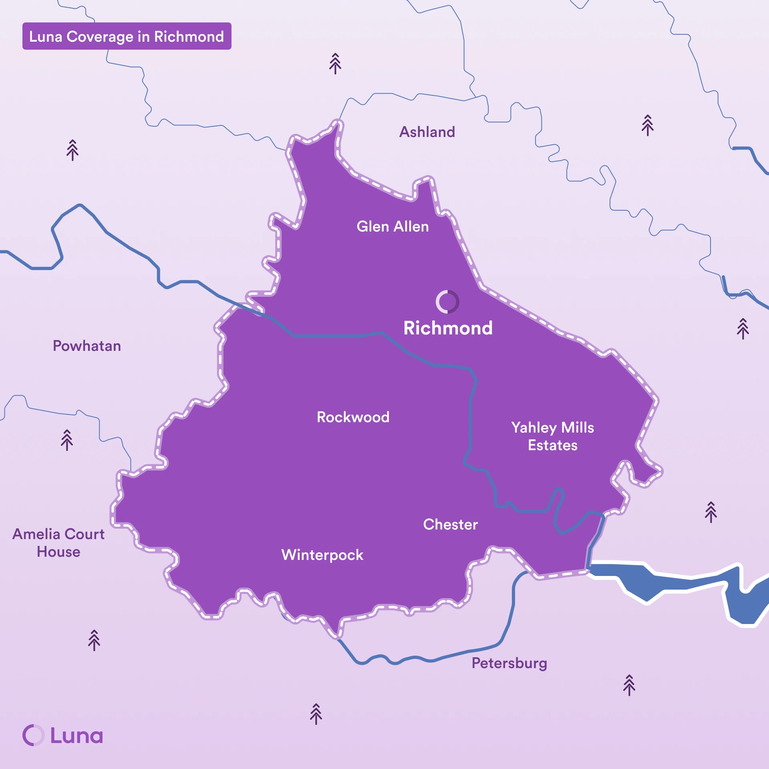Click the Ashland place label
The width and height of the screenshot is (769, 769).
pos(427,132)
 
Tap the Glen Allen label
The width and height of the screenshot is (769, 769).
pos(393,226)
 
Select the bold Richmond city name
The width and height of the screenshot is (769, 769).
pos(448,328)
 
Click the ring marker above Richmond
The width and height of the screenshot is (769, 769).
pos(447,302)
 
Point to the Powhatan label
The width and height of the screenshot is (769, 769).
pos(87,346)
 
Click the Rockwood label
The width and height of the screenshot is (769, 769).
pos(353,417)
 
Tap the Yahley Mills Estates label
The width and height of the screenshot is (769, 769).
pos(552,436)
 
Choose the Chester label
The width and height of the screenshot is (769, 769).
pos(450,524)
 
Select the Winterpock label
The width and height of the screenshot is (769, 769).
pos(322,555)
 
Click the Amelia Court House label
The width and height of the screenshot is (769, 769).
pos(58,543)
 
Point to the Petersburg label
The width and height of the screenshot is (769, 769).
pos(509,663)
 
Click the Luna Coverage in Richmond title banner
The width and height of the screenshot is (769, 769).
pos(127,36)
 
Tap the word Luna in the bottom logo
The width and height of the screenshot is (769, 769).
pos(76,735)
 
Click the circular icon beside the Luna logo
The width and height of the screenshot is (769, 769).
pos(33,735)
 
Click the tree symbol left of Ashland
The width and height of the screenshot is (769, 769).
pos(335,64)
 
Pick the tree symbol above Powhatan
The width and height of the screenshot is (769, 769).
pos(72,150)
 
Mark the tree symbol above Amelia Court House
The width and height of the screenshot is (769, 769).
pos(67,440)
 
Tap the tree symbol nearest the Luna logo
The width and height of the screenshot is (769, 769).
pos(94,640)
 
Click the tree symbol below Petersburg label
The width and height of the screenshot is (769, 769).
pos(629,685)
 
